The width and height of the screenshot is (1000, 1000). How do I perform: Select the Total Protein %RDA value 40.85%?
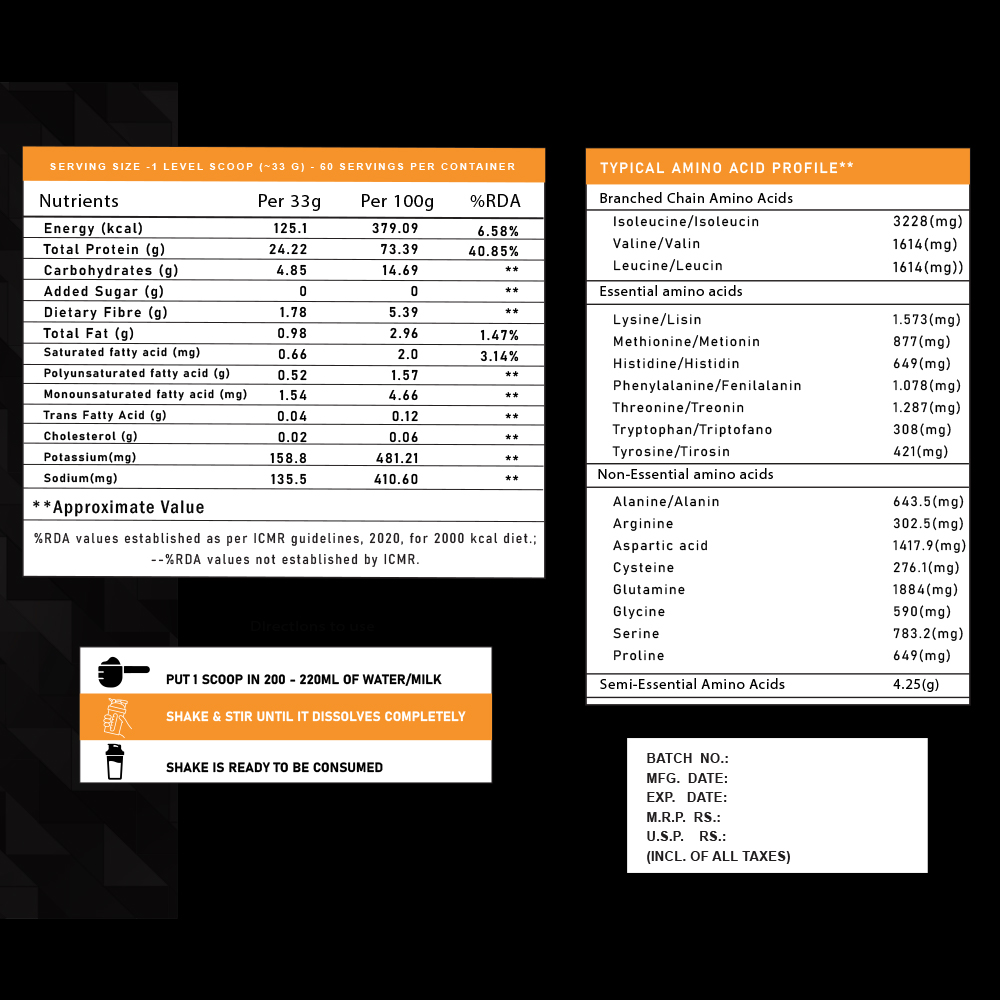coord(493,251)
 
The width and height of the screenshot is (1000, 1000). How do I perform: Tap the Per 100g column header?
coord(397,201)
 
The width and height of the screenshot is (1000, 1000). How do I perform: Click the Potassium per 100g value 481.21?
coord(398,458)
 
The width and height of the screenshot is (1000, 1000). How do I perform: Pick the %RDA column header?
coord(495,201)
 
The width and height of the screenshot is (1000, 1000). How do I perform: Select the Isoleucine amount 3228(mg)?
coord(927,221)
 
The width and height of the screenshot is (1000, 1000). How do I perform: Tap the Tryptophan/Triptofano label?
coord(692,429)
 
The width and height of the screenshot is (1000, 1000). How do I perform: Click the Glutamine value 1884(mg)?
coord(927,589)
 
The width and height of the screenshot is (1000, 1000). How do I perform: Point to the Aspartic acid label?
coord(660,545)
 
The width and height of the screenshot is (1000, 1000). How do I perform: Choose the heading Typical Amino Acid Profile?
coord(726,168)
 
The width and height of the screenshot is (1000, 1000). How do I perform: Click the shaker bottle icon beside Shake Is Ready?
coord(116,761)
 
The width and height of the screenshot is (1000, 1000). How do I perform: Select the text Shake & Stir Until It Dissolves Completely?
coord(315,716)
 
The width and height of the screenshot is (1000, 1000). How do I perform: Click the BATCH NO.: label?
coord(687,759)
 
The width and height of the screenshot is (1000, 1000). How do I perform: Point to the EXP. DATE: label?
coord(686,797)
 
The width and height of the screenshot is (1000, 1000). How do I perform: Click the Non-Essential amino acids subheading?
coord(685,474)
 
